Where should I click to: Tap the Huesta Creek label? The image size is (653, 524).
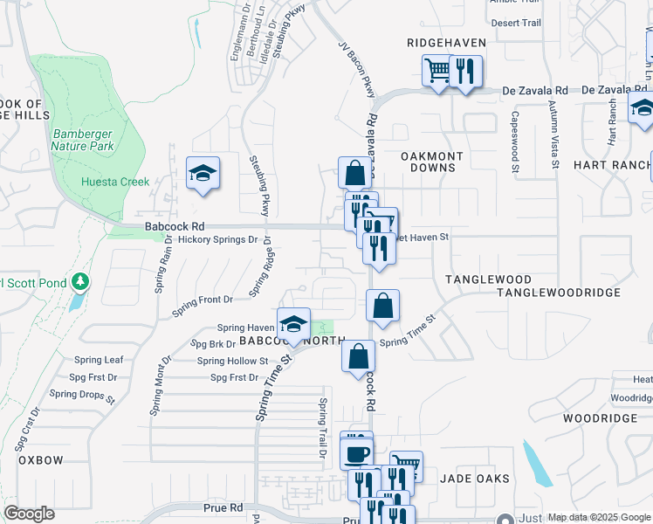(x=115, y=182)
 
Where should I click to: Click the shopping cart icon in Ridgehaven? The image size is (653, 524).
(x=437, y=71)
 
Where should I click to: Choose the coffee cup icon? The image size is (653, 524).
(x=357, y=454)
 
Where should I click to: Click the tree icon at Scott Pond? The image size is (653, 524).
(x=80, y=282)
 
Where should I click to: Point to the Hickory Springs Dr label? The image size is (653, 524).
(x=218, y=238)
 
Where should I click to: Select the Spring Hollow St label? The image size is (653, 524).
(x=232, y=361)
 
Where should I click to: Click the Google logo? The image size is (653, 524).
(x=30, y=514)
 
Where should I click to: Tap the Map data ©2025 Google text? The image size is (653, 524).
(x=599, y=517)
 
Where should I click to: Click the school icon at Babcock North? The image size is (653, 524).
(x=294, y=325)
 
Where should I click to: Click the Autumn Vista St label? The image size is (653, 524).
(x=553, y=134)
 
